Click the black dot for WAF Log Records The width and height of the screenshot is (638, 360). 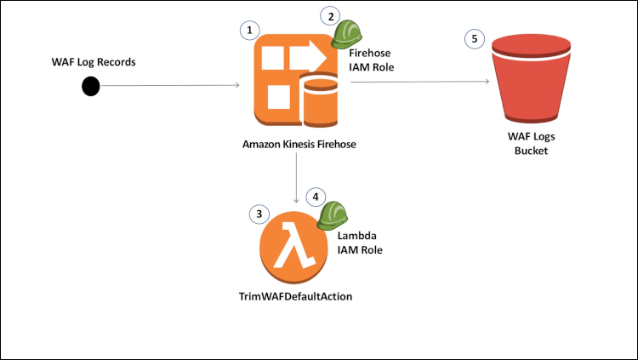coord(90,86)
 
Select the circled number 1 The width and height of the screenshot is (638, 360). coord(249,29)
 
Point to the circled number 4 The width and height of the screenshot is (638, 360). coord(316,197)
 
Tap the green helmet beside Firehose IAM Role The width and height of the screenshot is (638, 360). coord(346,33)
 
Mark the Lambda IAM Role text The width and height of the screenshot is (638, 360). coord(360,243)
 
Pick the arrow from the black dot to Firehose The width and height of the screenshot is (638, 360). coord(170,86)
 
